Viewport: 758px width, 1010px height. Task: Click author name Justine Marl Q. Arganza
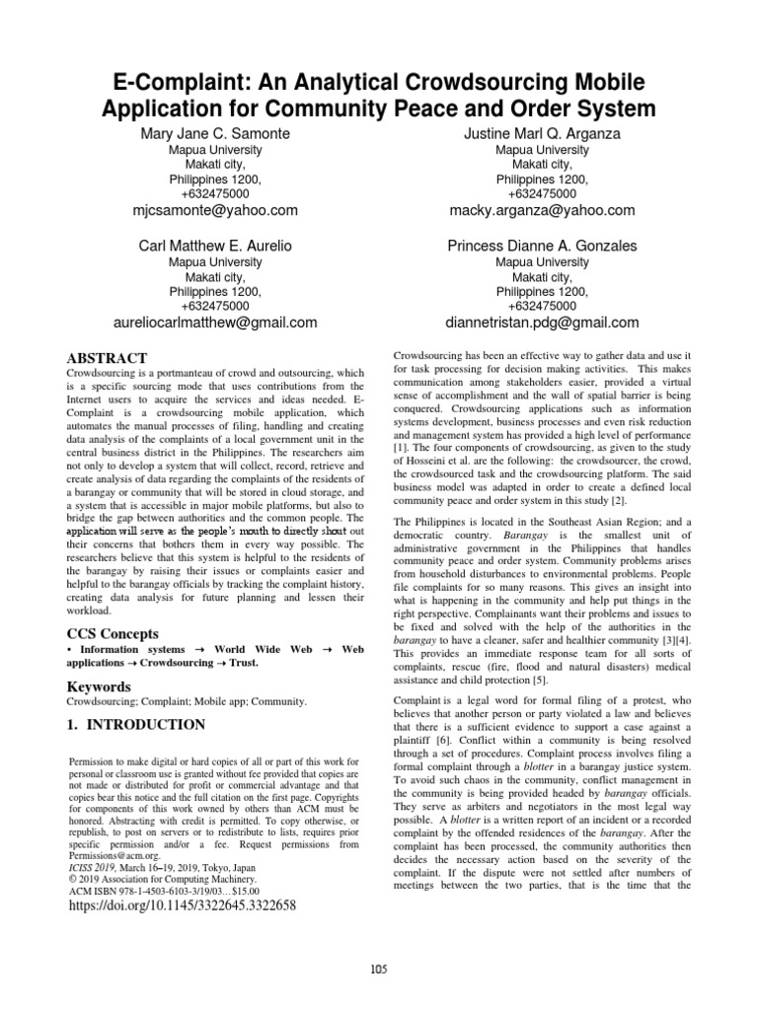point(542,133)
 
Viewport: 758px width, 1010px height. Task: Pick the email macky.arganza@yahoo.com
point(542,210)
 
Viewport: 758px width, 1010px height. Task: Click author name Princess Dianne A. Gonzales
point(542,245)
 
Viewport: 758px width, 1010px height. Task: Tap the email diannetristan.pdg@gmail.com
point(542,322)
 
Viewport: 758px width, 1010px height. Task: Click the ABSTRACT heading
point(106,358)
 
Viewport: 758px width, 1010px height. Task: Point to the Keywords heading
point(98,685)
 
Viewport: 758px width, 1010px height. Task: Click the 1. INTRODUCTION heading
point(135,725)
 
